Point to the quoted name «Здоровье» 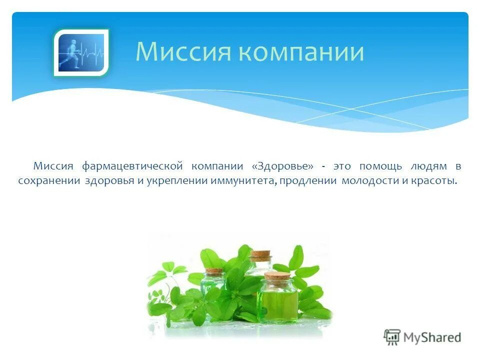[283, 166]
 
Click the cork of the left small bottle [214, 271]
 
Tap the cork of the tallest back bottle [260, 254]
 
